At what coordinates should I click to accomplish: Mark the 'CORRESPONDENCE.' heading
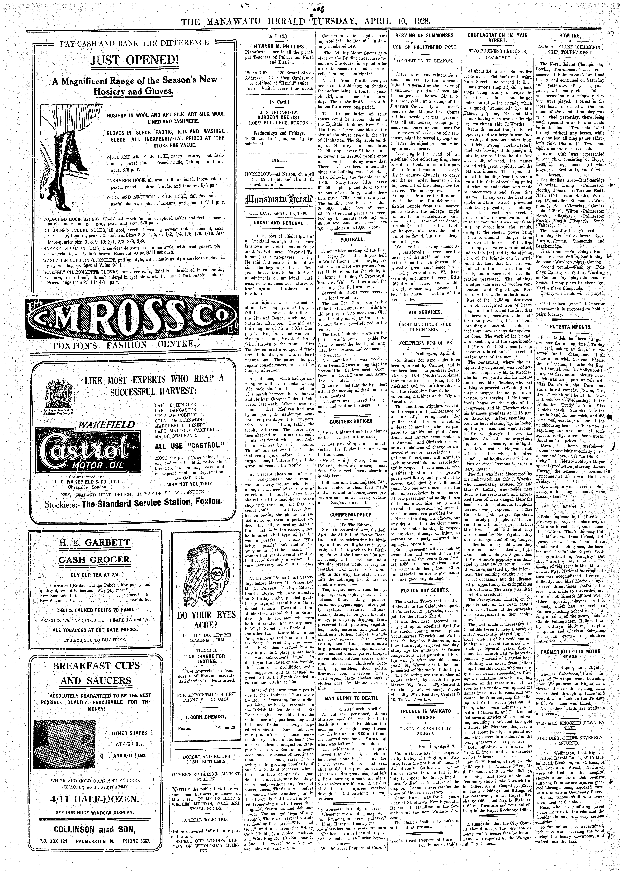point(351,514)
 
